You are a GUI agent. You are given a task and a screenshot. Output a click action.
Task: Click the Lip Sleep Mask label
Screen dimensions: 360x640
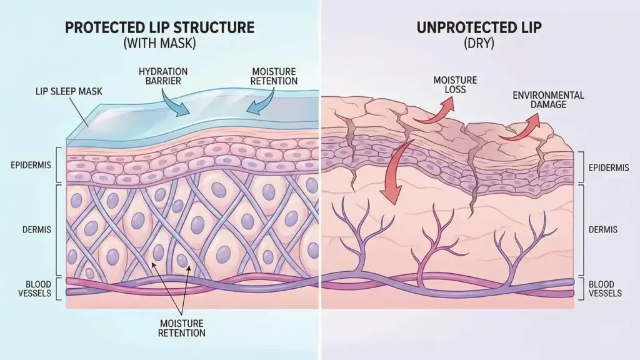coord(68,92)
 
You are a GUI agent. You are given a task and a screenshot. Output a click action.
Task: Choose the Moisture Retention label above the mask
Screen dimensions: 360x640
coord(274,76)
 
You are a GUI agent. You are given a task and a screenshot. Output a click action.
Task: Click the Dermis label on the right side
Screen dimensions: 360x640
coord(603,230)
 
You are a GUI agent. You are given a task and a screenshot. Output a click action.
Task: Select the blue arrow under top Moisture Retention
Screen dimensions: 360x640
coord(261,102)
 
